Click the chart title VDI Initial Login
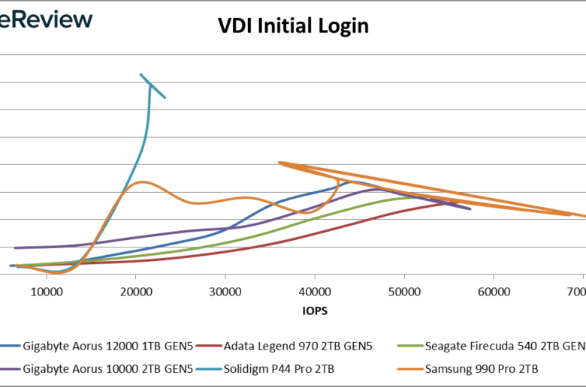tap(293, 26)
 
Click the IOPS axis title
tap(316, 309)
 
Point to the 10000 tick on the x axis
tap(47, 290)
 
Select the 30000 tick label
tap(225, 290)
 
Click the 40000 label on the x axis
tap(314, 290)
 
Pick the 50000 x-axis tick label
tap(403, 290)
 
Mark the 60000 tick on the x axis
tap(493, 290)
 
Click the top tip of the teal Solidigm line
tap(140, 74)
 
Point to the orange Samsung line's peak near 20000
tap(140, 182)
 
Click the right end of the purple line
tap(470, 208)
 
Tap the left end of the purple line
tap(15, 247)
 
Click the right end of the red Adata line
tap(456, 200)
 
